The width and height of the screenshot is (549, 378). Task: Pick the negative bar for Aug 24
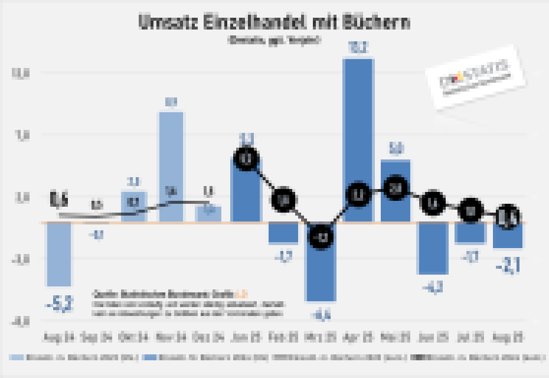(x=58, y=254)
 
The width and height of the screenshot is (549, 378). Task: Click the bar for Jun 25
(x=433, y=248)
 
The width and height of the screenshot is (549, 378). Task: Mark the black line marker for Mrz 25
(x=321, y=237)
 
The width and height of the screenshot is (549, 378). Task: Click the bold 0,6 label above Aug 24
(x=58, y=200)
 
